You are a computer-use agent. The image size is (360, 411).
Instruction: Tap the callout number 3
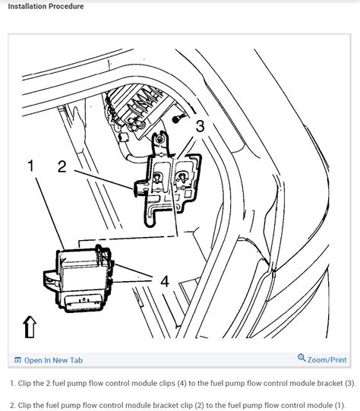[x=200, y=127]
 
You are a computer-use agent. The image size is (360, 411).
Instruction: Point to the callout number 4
[x=164, y=280]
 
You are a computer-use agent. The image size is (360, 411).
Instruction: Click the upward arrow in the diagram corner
[x=30, y=326]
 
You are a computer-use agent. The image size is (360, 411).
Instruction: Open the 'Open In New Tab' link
[x=53, y=360]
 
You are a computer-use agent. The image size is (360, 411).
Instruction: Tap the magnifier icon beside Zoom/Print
[x=302, y=360]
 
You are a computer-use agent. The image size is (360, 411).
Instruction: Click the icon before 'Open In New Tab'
[x=17, y=360]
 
